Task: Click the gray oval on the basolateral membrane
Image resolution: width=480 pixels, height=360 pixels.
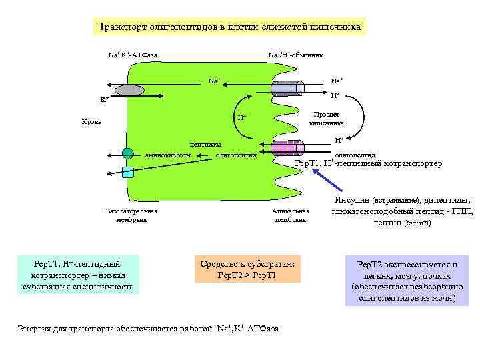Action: [131, 90]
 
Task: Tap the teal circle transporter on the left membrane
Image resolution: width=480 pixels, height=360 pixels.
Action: [127, 154]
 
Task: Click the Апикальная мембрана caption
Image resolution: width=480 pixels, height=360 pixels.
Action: [290, 215]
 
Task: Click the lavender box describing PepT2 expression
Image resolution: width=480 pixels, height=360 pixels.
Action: [407, 281]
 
